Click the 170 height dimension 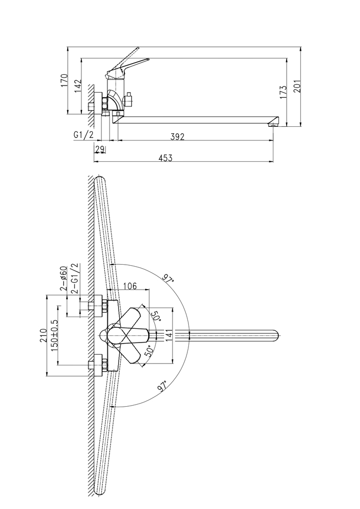click(64, 80)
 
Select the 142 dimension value click(78, 86)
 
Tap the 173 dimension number click(283, 92)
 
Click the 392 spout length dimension click(178, 136)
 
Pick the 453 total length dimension click(165, 158)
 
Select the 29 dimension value click(100, 150)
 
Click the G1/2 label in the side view click(84, 135)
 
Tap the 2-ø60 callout click(63, 278)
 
